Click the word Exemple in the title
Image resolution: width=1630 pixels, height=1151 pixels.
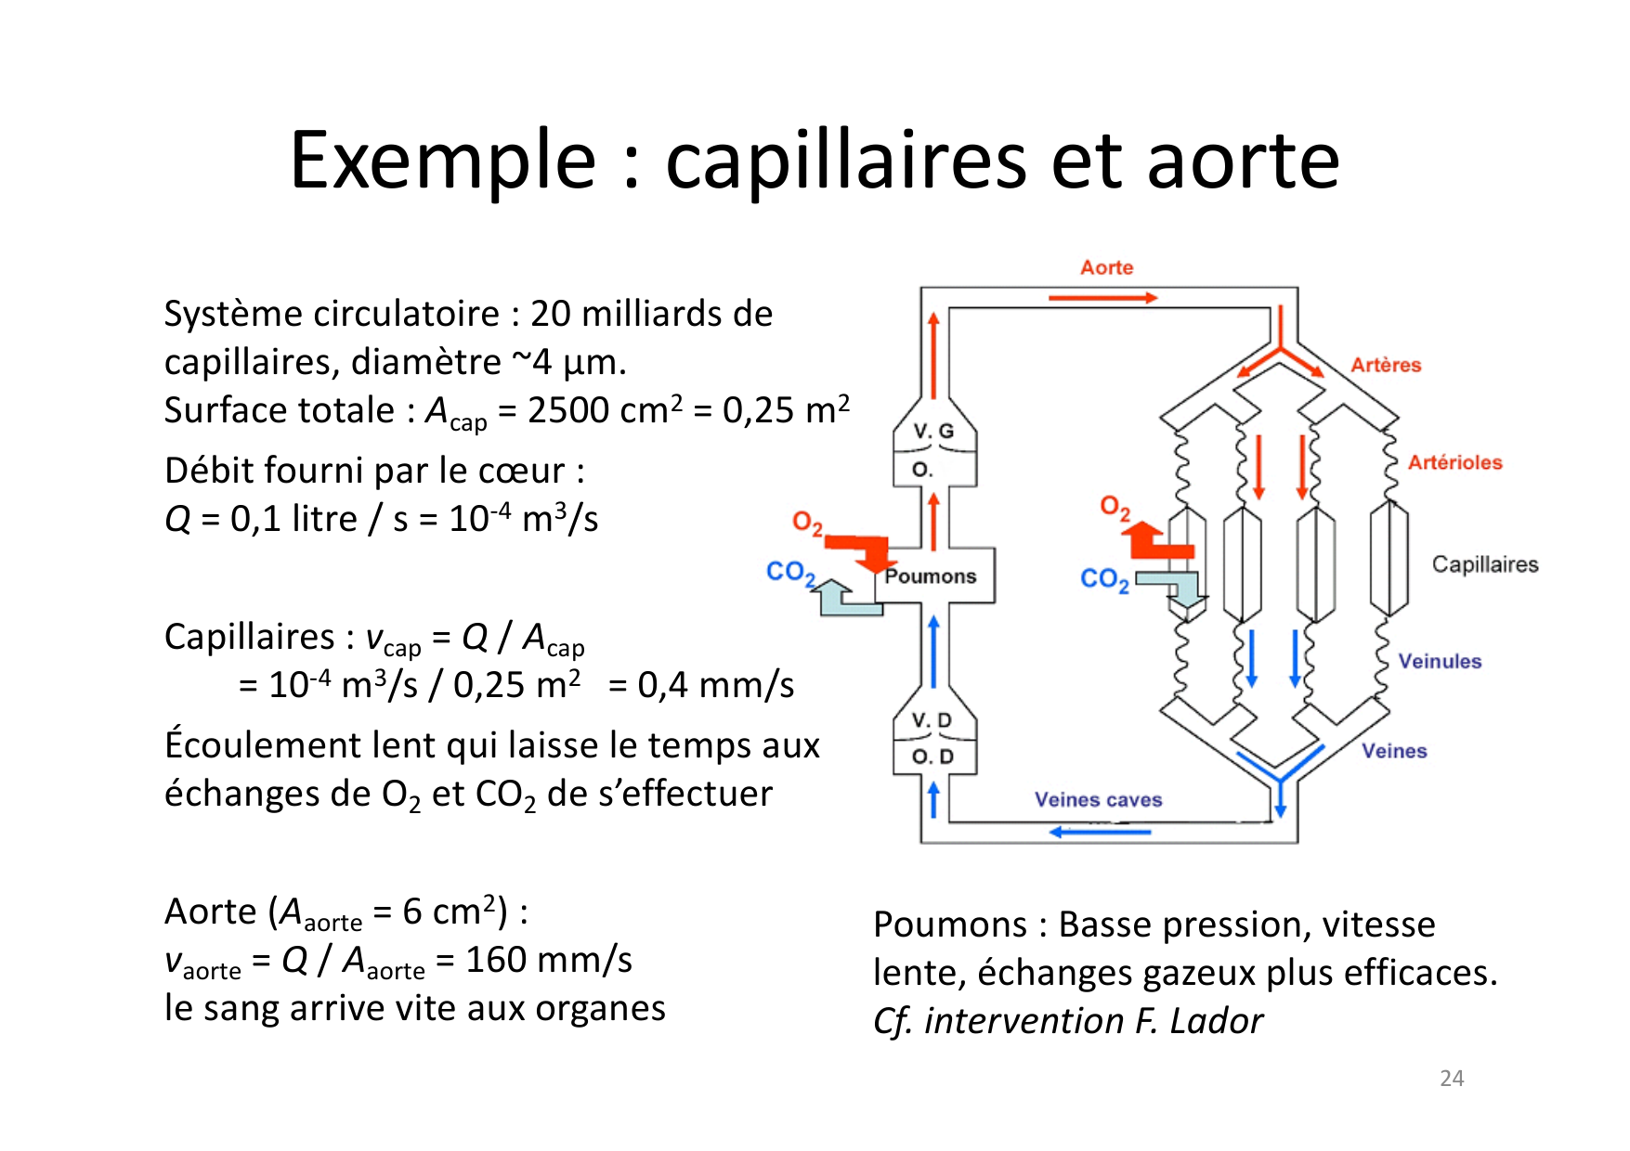(443, 161)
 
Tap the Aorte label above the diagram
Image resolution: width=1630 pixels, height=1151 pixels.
(1106, 267)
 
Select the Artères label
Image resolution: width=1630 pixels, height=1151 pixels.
(1386, 365)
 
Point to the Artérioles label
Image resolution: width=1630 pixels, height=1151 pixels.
(1454, 462)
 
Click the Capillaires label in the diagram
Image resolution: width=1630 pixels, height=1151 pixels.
(1484, 564)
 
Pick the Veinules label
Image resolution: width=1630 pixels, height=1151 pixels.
(1440, 661)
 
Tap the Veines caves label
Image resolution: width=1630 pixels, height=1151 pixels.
(1098, 800)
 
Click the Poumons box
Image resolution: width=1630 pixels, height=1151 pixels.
(932, 576)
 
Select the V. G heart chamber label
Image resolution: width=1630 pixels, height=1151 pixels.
(933, 431)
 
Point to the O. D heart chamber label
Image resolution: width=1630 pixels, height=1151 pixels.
(932, 757)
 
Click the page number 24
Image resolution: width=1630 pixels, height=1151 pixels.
(1452, 1079)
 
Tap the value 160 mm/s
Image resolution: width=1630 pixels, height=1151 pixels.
(548, 960)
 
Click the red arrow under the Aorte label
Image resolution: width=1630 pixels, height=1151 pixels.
(1102, 298)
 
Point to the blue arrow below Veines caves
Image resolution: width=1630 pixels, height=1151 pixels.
(1100, 832)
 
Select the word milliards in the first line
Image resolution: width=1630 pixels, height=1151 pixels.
(651, 314)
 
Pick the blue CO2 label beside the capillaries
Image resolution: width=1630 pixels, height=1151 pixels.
(1104, 579)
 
